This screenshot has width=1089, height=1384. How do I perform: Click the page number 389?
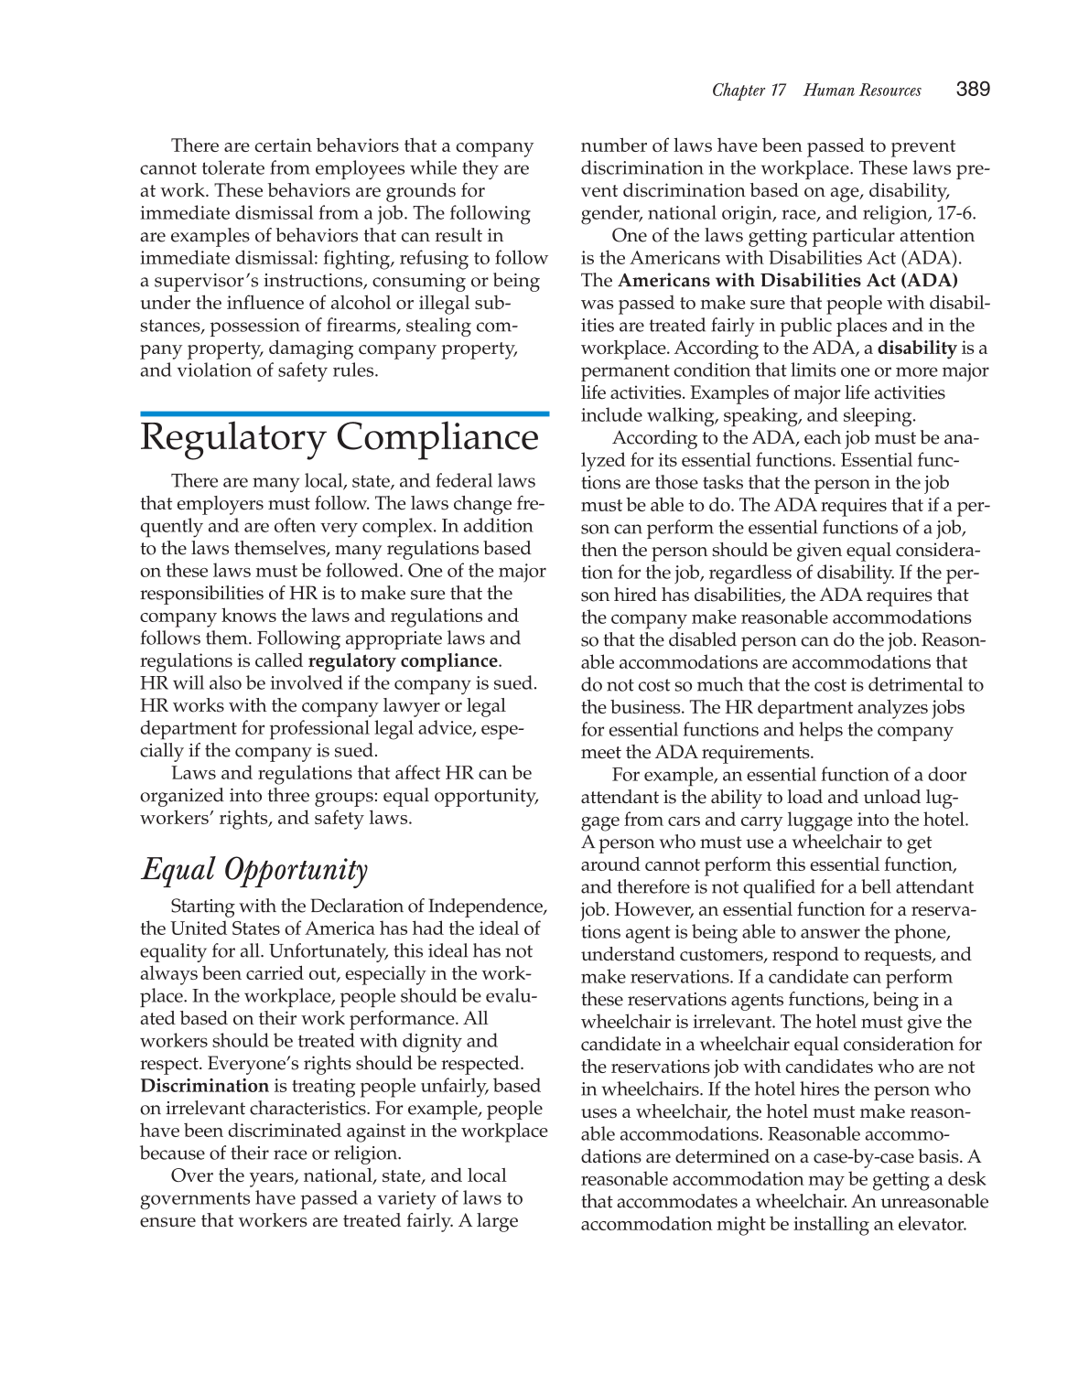[x=973, y=89]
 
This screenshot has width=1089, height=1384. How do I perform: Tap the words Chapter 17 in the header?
[x=749, y=90]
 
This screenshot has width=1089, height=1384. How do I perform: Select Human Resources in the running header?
[x=862, y=90]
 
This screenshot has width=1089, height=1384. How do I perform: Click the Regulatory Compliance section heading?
[x=340, y=436]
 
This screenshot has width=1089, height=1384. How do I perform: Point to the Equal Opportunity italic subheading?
[x=254, y=869]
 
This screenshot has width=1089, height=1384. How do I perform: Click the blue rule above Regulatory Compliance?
[x=344, y=413]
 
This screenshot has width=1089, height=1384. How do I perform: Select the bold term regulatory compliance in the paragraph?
[x=403, y=660]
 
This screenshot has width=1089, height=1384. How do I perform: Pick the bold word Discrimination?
[x=204, y=1086]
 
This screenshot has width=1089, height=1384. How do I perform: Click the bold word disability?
[x=917, y=348]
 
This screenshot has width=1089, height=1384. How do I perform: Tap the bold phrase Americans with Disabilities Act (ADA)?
[x=788, y=280]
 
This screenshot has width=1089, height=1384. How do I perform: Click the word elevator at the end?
[x=931, y=1224]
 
